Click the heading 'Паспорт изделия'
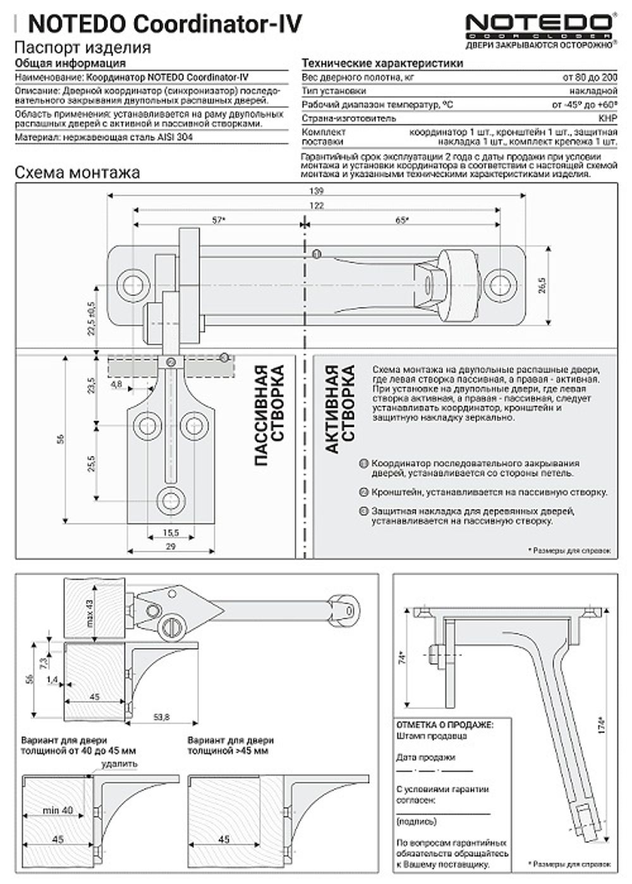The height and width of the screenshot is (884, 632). coord(82,48)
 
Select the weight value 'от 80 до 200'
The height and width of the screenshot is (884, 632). coord(589,78)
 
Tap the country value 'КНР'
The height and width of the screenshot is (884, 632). coord(607,118)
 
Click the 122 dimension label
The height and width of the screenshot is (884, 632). coord(317,205)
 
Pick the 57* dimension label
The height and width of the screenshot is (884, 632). coord(219,220)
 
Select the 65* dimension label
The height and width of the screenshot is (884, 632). coord(402,220)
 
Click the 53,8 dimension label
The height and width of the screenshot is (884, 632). coord(161,717)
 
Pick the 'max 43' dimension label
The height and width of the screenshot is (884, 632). coord(89,609)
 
